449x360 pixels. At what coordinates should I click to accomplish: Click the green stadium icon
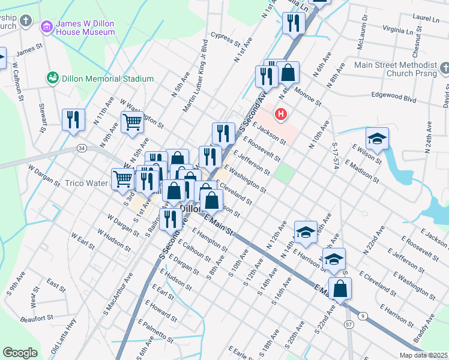[x=52, y=78]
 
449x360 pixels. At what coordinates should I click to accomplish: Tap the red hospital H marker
[x=280, y=113]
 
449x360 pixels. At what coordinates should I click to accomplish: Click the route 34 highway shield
[x=82, y=148]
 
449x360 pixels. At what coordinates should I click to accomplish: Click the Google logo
[x=20, y=353]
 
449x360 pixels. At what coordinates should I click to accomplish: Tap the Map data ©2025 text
[x=423, y=355]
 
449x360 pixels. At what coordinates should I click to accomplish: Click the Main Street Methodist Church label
[x=396, y=69]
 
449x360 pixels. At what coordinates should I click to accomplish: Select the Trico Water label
[x=85, y=182]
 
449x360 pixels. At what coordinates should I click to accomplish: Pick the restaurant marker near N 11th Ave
[x=73, y=119]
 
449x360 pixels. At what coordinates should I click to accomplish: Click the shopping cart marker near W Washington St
[x=133, y=122]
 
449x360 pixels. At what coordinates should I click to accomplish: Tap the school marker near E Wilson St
[x=376, y=139]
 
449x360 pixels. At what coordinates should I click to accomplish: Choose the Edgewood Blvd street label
[x=394, y=95]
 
